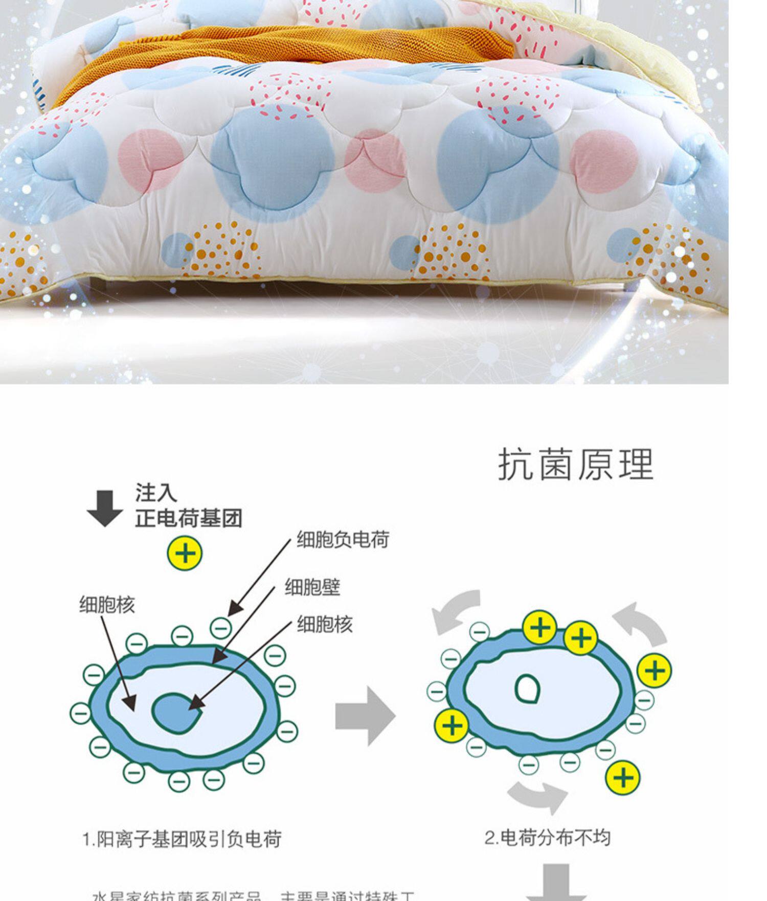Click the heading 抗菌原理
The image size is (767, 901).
pyautogui.click(x=576, y=465)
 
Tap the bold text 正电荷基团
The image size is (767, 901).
pyautogui.click(x=189, y=518)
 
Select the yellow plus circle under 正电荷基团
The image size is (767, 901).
pyautogui.click(x=185, y=553)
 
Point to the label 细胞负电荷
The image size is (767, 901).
pyautogui.click(x=343, y=540)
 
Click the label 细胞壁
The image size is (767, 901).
pyautogui.click(x=312, y=587)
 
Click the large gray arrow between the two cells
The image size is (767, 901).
pyautogui.click(x=365, y=716)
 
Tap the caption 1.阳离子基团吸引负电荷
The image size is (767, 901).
pyautogui.click(x=182, y=840)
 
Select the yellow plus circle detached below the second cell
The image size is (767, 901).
pyautogui.click(x=622, y=778)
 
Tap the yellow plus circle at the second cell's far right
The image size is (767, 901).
pyautogui.click(x=655, y=671)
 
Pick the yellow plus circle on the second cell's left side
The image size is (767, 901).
pyautogui.click(x=452, y=725)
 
